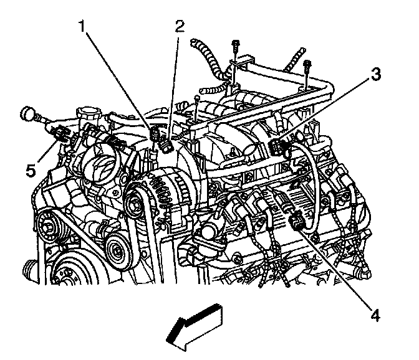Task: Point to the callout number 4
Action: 374,316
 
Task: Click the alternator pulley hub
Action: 133,202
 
